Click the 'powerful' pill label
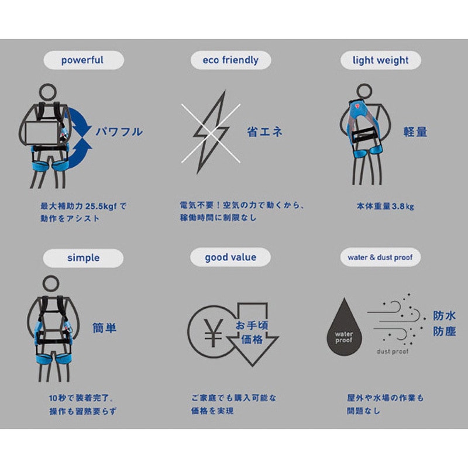[84, 60]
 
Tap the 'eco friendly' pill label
[230, 60]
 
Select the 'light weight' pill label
[381, 60]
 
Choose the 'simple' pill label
[83, 258]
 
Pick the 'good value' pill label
[230, 257]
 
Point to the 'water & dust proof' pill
[380, 257]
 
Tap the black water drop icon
[345, 327]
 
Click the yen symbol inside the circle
[213, 333]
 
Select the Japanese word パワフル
[119, 132]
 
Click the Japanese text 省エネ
[265, 132]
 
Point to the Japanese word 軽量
[415, 132]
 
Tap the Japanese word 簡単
[105, 328]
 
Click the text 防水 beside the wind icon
[445, 316]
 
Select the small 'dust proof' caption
[393, 352]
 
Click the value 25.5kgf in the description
[101, 207]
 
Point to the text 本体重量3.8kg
[386, 207]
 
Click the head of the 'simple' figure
[51, 283]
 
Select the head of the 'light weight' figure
[364, 91]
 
